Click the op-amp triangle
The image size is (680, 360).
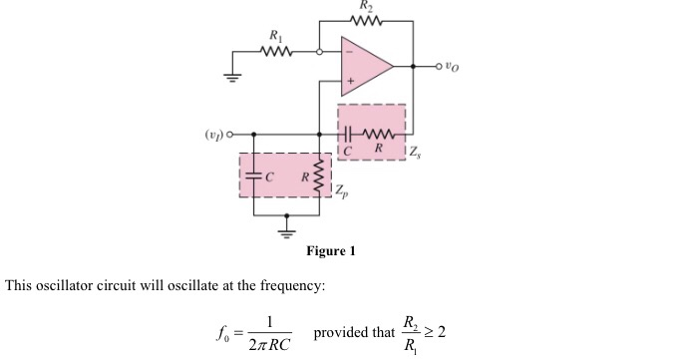point(363,66)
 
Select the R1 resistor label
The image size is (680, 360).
point(275,38)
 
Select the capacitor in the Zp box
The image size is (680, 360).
point(255,175)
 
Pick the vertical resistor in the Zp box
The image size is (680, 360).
point(318,174)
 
